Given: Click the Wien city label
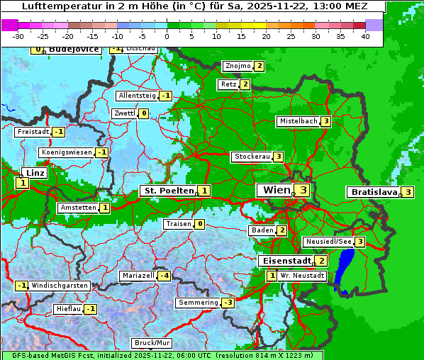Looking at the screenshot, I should point(277,190).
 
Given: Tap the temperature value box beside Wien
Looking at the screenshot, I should point(303,190).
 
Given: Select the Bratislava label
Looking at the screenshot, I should point(372,192).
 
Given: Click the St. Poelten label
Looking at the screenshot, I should point(167,191).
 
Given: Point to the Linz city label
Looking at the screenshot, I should point(34,173).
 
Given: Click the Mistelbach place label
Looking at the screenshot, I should point(298,121).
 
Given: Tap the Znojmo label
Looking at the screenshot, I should point(238,66).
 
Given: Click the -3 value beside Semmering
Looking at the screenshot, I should point(228,303).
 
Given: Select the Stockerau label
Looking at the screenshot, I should point(252,157).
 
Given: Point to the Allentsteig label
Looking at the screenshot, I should point(137,96).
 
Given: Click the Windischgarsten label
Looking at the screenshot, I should point(60,286).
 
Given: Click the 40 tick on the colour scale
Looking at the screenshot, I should point(365,36).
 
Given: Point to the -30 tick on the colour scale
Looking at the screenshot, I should point(18,36).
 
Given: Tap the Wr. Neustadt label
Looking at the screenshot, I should point(302,275).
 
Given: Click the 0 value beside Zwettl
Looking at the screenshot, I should point(144,113).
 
